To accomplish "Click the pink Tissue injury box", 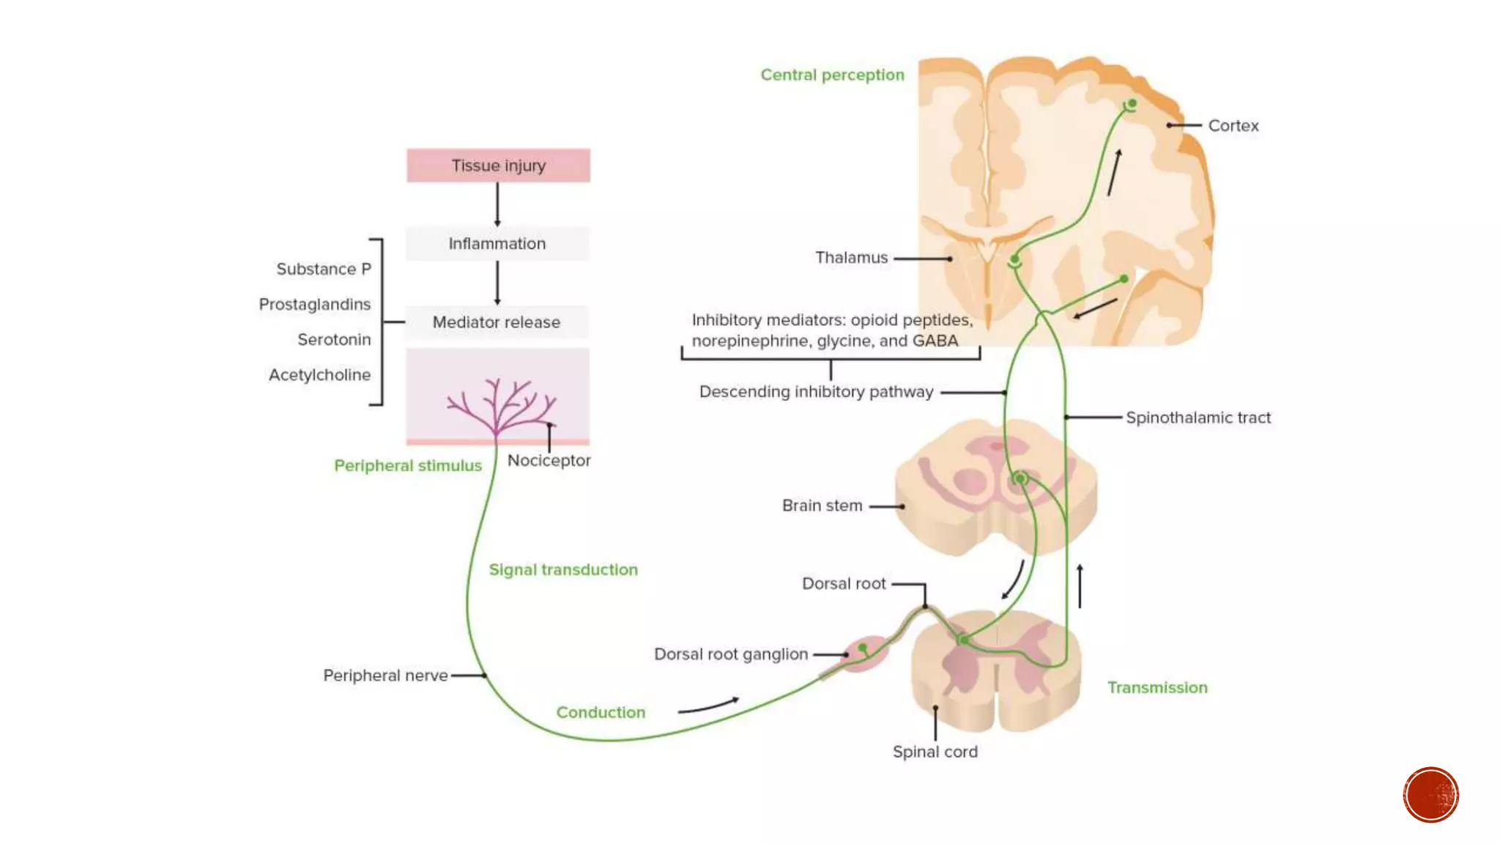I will point(498,166).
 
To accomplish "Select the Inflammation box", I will point(497,244).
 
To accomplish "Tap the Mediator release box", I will point(496,322).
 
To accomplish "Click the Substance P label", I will point(324,270).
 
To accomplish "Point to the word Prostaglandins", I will point(315,305).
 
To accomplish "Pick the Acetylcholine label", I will point(319,375).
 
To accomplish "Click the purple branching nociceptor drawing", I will point(500,407).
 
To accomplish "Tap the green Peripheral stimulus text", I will point(407,466).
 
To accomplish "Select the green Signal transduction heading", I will point(562,570).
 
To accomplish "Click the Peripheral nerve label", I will point(385,675).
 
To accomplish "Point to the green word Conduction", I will point(601,713).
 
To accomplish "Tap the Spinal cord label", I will point(935,752).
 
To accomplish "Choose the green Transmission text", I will point(1156,688).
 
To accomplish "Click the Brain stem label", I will point(822,506).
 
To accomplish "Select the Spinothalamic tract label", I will point(1198,418).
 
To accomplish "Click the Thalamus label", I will point(851,258).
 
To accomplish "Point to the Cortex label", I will point(1233,126).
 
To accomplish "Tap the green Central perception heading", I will point(832,75).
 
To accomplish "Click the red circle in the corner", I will point(1430,795).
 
